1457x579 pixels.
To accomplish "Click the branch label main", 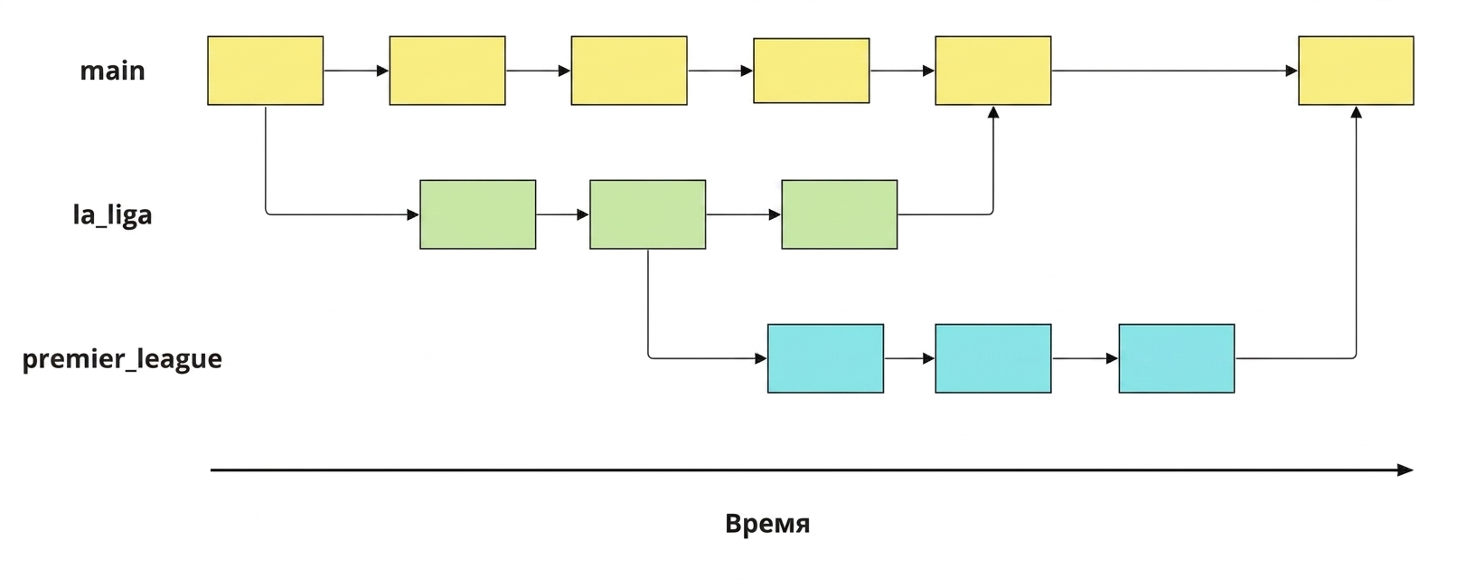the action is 112,71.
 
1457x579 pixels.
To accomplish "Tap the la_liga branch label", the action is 112,214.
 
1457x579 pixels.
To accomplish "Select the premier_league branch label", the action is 122,359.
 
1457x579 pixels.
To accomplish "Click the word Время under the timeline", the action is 767,524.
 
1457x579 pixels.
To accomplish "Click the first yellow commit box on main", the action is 266,71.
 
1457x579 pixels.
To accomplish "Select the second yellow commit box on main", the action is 447,71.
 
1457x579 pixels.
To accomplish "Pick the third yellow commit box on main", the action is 629,71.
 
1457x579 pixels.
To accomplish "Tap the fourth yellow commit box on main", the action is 811,71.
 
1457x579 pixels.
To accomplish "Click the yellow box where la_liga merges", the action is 993,71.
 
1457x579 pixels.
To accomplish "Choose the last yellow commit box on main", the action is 1356,71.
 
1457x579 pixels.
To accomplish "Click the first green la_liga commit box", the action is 478,214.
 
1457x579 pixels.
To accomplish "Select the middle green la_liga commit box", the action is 648,214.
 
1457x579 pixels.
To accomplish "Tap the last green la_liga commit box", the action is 839,214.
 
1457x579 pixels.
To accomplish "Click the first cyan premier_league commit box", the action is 825,358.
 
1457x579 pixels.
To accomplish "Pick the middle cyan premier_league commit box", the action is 993,358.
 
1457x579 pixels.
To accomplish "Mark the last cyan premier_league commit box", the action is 1177,358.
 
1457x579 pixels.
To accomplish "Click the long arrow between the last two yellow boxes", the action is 1175,71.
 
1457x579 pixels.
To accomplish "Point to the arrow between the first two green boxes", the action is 562,214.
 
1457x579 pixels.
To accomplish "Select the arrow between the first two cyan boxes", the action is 909,358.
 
